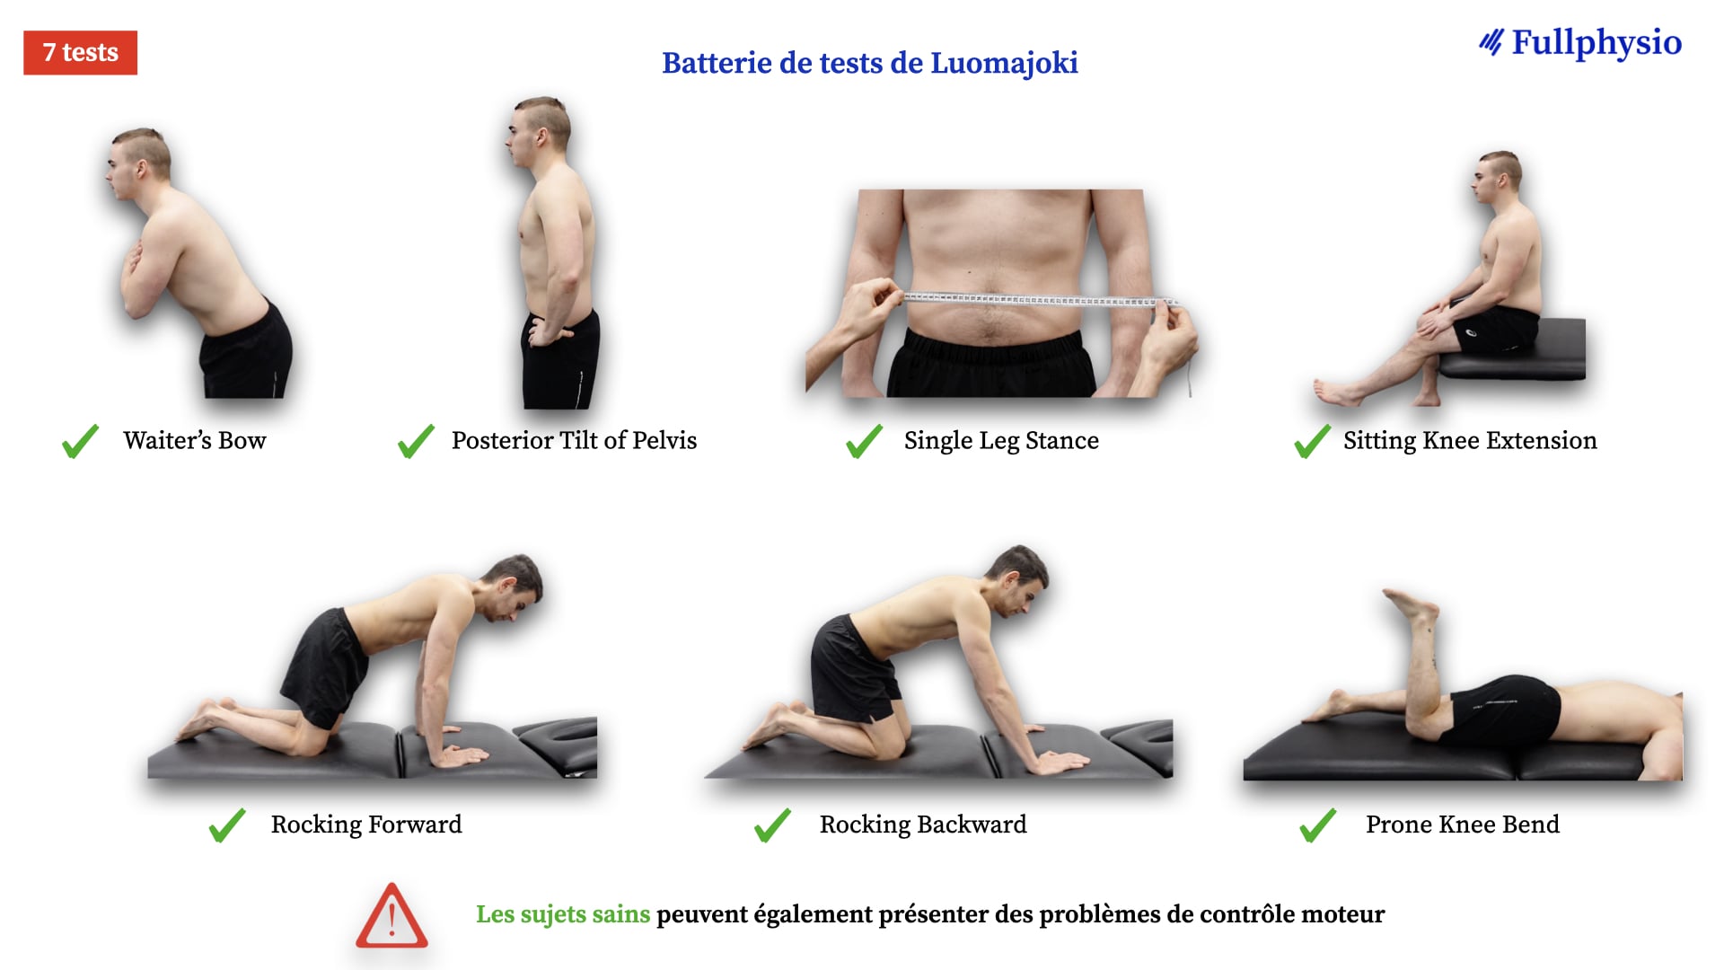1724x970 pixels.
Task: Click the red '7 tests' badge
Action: pos(80,53)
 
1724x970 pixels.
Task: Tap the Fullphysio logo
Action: pos(1580,42)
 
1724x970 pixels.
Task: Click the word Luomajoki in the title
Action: pos(1004,63)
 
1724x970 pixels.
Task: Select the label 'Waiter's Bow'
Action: pos(195,440)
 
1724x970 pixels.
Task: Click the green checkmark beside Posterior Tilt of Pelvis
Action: pos(416,441)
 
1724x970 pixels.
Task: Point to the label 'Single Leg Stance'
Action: pos(1001,441)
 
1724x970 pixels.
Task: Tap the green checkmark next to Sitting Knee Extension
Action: pos(1312,441)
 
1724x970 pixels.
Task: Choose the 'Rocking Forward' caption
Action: pos(366,824)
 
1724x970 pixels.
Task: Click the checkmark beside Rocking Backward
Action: pos(772,824)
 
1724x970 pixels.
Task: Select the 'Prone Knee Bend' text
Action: pos(1463,824)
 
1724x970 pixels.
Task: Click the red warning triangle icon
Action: pos(391,916)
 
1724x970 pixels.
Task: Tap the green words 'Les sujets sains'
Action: pos(563,914)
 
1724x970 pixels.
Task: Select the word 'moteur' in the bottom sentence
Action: pos(1342,914)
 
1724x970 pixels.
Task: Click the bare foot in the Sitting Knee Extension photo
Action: pos(1336,392)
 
